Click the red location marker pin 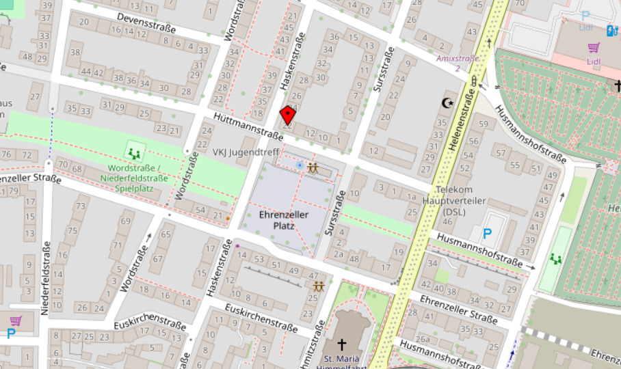click(289, 115)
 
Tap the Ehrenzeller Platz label click(284, 219)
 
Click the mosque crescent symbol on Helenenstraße click(449, 102)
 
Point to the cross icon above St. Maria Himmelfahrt click(341, 345)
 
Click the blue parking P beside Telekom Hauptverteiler click(487, 234)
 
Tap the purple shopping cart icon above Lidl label click(594, 47)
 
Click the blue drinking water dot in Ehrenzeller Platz click(300, 165)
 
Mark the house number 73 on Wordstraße click(81, 206)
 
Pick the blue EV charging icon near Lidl click(611, 31)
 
